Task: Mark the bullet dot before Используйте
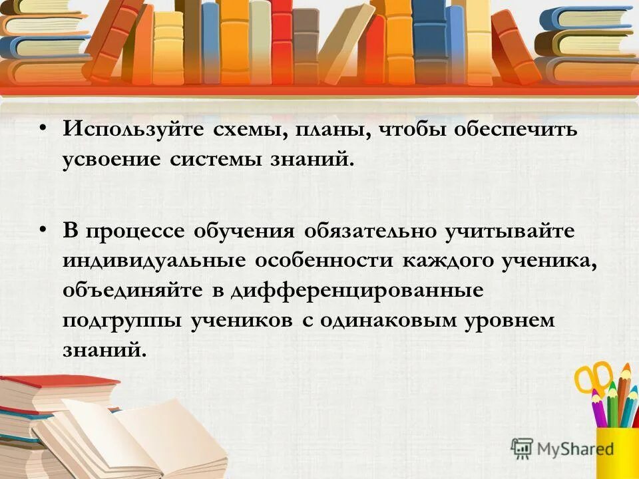point(43,127)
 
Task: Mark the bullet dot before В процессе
point(43,229)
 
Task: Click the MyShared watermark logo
point(562,448)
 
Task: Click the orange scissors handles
point(592,376)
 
